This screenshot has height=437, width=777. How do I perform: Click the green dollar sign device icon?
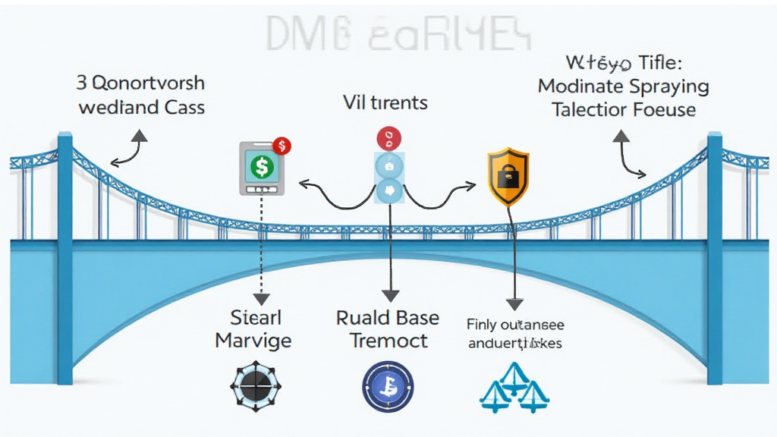262,168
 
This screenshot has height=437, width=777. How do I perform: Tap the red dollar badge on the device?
282,145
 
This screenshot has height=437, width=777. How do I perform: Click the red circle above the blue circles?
388,138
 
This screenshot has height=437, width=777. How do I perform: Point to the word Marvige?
253,340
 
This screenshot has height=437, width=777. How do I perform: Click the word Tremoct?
388,340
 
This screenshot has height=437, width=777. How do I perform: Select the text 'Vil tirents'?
384,102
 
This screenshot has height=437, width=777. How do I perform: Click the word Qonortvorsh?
151,82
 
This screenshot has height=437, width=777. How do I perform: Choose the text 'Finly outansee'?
515,325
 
